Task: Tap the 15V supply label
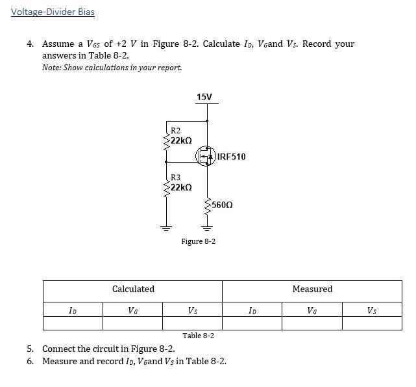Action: (x=204, y=97)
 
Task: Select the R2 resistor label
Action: (x=175, y=131)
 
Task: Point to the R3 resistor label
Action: (x=175, y=177)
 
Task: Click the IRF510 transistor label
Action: (x=232, y=157)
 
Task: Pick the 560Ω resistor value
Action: (x=222, y=205)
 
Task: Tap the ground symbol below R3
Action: (x=165, y=228)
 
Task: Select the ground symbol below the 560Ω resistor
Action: (x=207, y=228)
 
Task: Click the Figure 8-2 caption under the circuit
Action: (x=199, y=241)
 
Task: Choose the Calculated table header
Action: (x=133, y=289)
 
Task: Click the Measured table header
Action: (x=312, y=289)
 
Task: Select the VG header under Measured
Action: (x=312, y=310)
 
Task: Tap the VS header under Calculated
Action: (x=193, y=310)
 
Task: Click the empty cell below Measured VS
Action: (x=372, y=323)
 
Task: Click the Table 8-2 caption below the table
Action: (x=199, y=336)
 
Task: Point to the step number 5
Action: (x=30, y=349)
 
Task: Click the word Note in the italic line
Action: (x=51, y=68)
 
